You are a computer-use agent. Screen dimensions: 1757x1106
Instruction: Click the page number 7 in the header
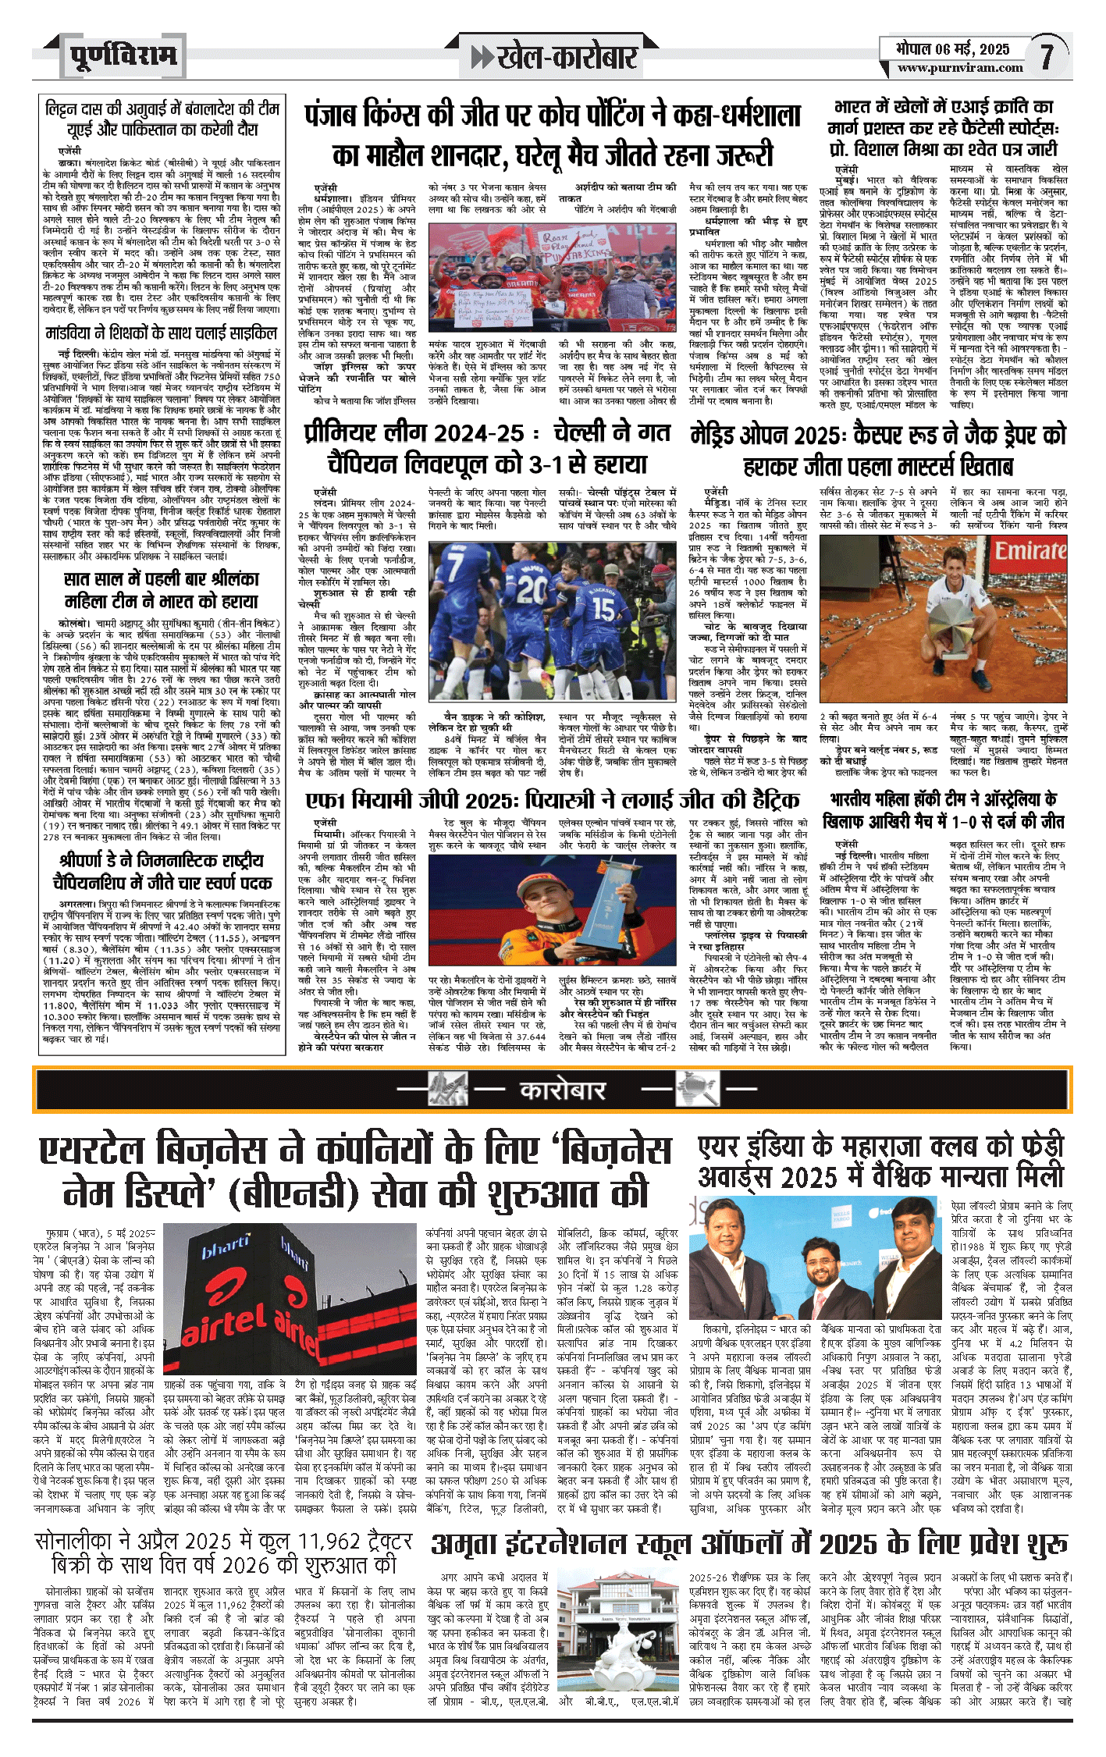1045,56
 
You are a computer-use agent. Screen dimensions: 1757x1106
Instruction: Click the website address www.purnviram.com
959,68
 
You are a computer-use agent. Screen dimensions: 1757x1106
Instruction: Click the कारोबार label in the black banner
563,1089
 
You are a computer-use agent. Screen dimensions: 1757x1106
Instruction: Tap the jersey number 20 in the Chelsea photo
532,585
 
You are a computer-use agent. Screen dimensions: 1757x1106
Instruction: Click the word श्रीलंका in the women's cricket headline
227,579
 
